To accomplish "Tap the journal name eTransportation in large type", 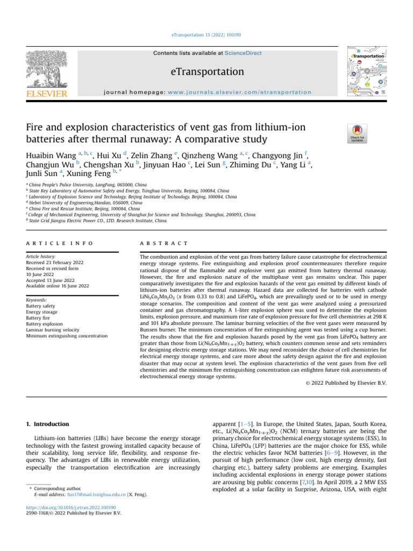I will click(207, 72).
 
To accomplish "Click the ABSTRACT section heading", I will click(163, 243).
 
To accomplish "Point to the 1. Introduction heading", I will click(48, 424).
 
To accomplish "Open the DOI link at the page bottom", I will click(74, 507).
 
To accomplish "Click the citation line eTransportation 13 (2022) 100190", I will click(206, 35).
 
